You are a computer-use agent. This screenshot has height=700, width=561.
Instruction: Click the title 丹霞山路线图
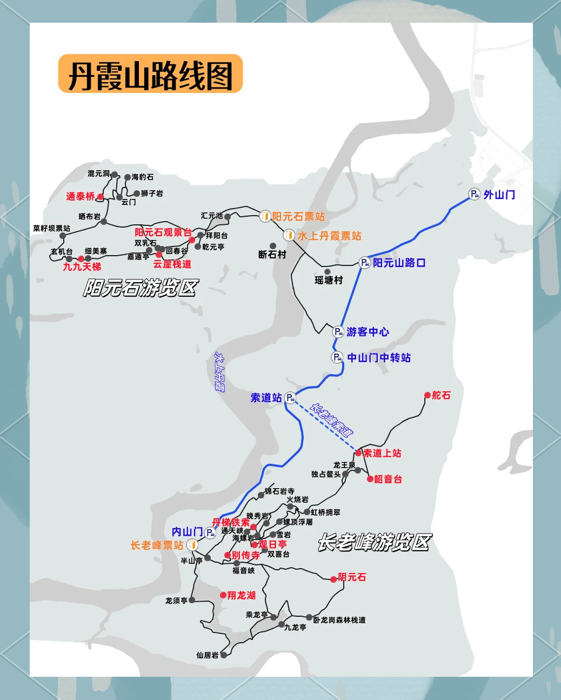(x=150, y=75)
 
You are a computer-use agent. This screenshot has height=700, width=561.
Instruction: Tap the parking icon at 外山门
(x=474, y=195)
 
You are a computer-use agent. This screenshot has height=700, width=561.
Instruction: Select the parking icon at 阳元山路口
(x=365, y=263)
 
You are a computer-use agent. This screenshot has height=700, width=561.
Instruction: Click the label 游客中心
(x=368, y=332)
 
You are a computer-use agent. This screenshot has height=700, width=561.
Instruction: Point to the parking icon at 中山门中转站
(x=337, y=357)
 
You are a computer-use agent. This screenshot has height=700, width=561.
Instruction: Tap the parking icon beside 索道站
(x=290, y=398)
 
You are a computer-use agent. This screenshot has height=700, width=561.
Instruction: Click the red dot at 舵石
(x=428, y=396)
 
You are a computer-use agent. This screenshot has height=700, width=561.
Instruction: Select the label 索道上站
(x=382, y=453)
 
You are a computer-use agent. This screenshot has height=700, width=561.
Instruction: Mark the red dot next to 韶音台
(x=370, y=479)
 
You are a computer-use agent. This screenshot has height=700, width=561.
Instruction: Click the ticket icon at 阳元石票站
(x=265, y=216)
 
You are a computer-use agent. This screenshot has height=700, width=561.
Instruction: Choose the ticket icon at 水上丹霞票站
(x=289, y=236)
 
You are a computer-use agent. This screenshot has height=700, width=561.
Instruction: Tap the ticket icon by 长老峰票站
(x=191, y=545)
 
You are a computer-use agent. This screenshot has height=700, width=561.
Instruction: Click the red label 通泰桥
(x=81, y=196)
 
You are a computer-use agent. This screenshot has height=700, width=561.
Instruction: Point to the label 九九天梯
(x=82, y=266)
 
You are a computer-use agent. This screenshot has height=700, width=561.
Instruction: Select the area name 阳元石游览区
(x=141, y=288)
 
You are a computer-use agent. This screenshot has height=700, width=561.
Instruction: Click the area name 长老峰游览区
(x=374, y=542)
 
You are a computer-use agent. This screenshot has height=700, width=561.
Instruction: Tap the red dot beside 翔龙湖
(x=223, y=595)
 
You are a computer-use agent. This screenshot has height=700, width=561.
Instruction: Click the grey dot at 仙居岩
(x=224, y=655)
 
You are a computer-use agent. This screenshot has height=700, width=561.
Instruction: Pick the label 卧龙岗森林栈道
(x=339, y=620)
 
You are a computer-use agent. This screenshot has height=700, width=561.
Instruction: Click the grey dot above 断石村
(x=273, y=246)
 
